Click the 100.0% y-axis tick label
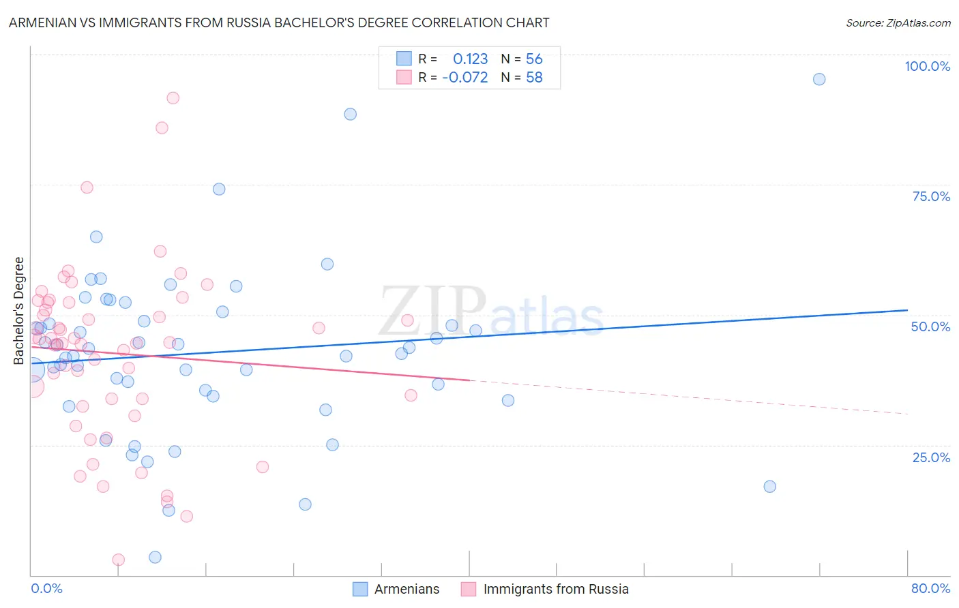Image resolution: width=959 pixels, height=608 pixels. (x=927, y=66)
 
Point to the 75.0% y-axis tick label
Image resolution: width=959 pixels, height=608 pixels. (x=931, y=196)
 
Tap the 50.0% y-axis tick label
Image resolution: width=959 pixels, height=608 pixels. (x=930, y=326)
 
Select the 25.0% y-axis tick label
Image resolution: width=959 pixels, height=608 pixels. (x=931, y=457)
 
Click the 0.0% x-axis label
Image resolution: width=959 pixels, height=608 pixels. (x=46, y=588)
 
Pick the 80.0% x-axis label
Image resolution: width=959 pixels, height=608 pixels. (x=930, y=588)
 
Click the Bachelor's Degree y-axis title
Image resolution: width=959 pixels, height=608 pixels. (x=19, y=310)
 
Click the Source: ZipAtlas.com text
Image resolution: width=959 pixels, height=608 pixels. (x=898, y=22)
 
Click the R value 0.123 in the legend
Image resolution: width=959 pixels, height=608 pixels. (x=470, y=59)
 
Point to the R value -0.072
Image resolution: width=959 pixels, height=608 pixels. (x=464, y=77)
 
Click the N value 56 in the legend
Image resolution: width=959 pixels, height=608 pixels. (x=534, y=59)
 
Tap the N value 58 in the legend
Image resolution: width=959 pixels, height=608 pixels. (x=534, y=77)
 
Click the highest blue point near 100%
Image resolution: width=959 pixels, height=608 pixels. (x=819, y=79)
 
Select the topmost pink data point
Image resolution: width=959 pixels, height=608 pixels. (x=173, y=98)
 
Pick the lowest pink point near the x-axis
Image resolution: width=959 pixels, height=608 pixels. (x=118, y=560)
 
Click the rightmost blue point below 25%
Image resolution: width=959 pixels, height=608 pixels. (x=769, y=486)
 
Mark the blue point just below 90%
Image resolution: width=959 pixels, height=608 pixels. (x=350, y=114)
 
